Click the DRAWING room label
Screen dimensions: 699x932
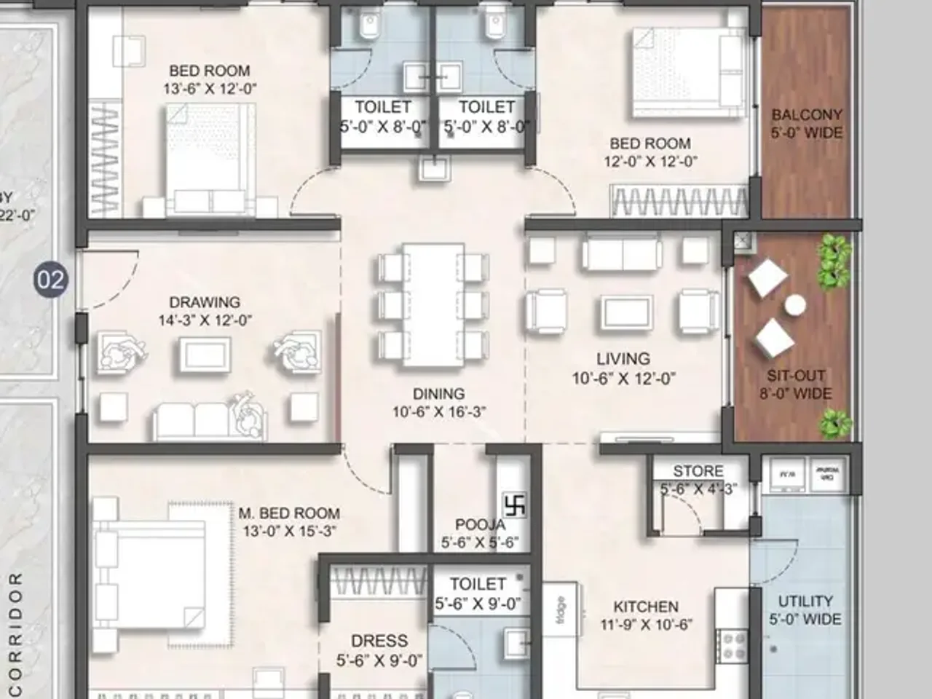(205, 302)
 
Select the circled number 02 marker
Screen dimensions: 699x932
(51, 280)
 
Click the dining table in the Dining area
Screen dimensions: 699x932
(433, 304)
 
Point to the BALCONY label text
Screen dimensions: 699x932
(807, 115)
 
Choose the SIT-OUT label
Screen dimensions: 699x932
(796, 376)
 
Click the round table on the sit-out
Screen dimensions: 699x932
(794, 304)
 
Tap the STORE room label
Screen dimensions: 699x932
(698, 471)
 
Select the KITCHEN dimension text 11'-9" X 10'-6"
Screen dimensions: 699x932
(646, 624)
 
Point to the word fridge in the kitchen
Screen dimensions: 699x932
(560, 609)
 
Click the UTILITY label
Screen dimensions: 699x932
(805, 601)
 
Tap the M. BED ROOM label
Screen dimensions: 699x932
(289, 513)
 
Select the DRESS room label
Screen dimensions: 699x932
(379, 641)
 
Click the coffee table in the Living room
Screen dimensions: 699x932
(627, 312)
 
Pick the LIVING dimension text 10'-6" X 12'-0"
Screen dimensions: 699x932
(623, 378)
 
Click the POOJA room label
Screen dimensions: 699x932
(480, 525)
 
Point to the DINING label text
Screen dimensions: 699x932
(438, 394)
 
